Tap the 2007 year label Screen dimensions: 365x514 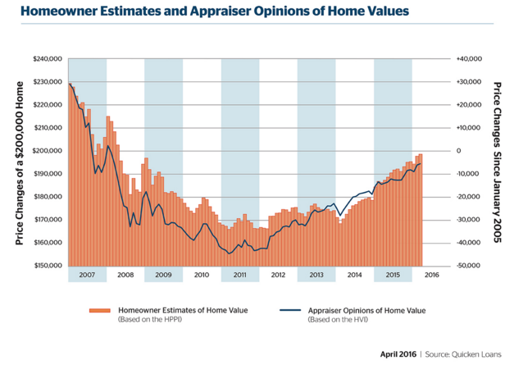pos(87,274)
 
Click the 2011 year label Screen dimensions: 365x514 pos(239,274)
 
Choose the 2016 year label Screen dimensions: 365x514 pos(431,274)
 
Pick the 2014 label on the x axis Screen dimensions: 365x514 pos(355,274)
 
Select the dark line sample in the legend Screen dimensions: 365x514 pos(289,310)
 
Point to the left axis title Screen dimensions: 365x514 pos(19,162)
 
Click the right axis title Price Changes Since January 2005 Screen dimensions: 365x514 pos(498,162)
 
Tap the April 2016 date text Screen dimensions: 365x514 pos(398,354)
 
